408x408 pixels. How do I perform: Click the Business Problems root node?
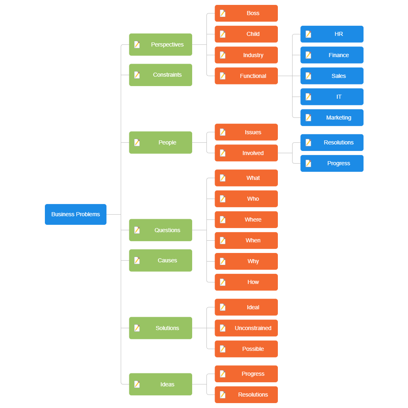[75, 214]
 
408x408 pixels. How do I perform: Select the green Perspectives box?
[160, 44]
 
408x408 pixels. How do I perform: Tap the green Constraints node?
[160, 75]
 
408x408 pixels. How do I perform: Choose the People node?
[160, 142]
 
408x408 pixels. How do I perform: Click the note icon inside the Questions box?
[137, 230]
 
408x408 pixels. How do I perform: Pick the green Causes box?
[160, 260]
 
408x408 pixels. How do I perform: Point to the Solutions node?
[160, 328]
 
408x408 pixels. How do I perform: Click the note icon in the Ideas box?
[137, 384]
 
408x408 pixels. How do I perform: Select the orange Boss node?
[246, 13]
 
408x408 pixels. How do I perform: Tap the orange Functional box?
[246, 76]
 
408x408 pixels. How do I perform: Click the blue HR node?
[332, 34]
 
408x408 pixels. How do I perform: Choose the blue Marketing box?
[332, 118]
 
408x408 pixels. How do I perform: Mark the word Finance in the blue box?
[339, 55]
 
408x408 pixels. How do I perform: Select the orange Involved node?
[246, 153]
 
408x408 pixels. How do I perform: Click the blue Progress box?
[332, 163]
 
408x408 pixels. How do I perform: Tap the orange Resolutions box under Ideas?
[246, 395]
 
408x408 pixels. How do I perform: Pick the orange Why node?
[246, 262]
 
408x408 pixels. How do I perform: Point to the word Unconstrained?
[253, 328]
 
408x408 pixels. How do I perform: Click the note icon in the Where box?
[223, 220]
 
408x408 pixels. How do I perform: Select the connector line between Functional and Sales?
[289, 76]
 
